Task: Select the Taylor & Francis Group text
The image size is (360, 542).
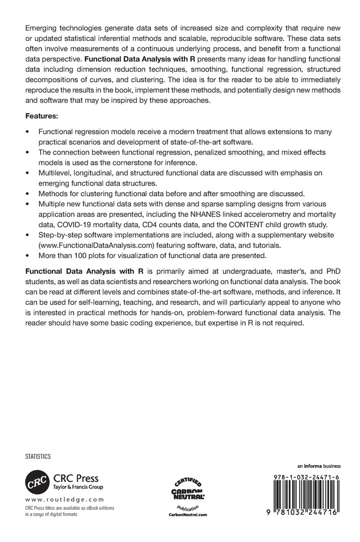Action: [x=76, y=487]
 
